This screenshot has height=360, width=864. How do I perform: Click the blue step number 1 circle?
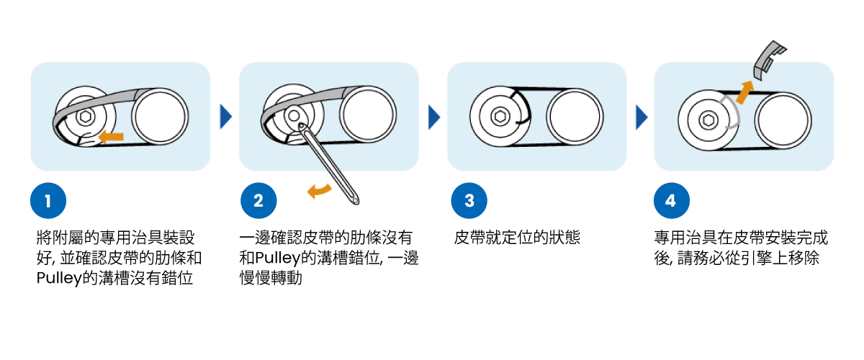coord(48,202)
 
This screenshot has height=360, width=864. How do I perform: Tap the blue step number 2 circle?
coord(258,202)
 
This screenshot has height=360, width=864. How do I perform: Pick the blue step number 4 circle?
coord(671,202)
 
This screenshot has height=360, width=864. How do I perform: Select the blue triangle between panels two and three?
coord(433,116)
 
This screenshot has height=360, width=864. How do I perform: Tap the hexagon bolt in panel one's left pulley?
coord(85,116)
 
